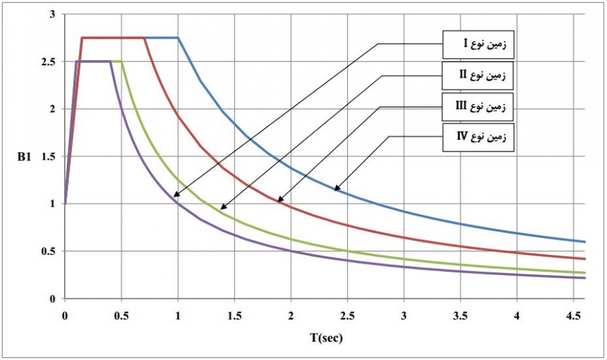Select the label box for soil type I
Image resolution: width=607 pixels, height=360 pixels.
coord(477,44)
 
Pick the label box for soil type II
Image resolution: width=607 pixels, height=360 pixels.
coord(477,76)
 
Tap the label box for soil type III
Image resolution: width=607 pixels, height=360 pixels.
coord(477,106)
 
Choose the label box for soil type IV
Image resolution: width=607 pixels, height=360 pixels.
coord(477,137)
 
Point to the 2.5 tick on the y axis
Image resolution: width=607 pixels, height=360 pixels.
coord(51,62)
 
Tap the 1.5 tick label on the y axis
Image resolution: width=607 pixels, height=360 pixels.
coord(51,156)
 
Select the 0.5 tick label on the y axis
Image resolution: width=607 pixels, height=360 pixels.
coord(51,251)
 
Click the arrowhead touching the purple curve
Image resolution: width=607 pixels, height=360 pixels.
coord(175,196)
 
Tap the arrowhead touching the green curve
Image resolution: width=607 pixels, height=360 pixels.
coord(223,208)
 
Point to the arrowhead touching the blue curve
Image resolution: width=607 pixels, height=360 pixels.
coord(336,189)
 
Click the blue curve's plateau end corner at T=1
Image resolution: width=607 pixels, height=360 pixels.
coord(178,38)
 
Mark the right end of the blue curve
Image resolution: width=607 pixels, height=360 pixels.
coord(585,241)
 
